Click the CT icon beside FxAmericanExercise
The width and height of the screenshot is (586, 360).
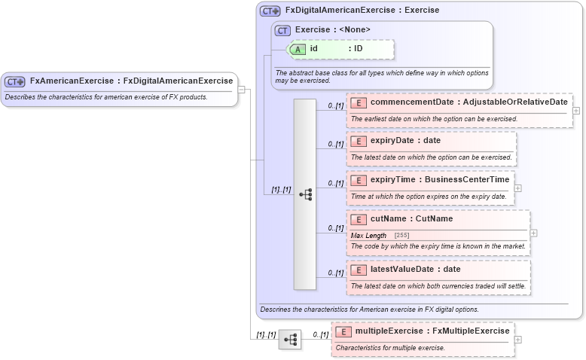point(15,81)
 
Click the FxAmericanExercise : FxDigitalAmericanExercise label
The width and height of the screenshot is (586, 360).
point(131,81)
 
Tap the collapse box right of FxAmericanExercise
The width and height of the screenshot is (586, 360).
point(242,90)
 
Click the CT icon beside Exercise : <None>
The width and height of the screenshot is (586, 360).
point(283,30)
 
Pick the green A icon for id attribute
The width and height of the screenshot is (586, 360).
point(298,49)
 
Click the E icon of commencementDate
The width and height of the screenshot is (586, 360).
point(359,102)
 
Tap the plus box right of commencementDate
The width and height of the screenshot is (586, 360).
point(576,110)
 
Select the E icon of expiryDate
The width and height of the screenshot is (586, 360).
point(359,141)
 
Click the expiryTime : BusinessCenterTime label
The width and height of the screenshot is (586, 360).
point(440,180)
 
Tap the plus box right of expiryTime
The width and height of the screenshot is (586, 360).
point(518,188)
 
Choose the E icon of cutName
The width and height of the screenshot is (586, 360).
point(359,219)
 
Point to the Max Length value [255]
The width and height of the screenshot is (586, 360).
point(401,236)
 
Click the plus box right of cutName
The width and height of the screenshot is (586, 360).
point(534,233)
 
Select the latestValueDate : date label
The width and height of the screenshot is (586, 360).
point(415,270)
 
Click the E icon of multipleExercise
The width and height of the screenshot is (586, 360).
point(343,331)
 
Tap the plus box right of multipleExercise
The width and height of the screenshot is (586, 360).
point(518,340)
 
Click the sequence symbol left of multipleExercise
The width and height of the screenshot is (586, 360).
point(290,340)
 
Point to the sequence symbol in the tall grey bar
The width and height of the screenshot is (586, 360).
point(305,194)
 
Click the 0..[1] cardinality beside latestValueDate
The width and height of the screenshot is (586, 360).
point(335,273)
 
